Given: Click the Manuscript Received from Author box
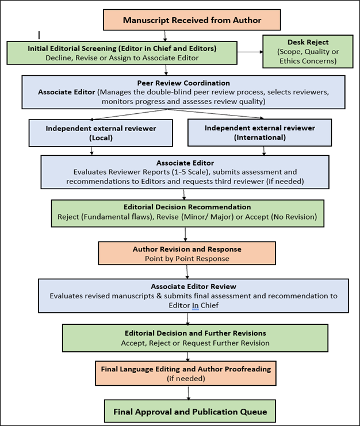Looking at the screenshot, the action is pyautogui.click(x=192, y=20).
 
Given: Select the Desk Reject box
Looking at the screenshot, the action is pyautogui.click(x=308, y=51).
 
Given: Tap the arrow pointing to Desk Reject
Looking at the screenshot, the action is pyautogui.click(x=250, y=52).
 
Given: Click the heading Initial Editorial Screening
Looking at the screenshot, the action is pyautogui.click(x=72, y=48).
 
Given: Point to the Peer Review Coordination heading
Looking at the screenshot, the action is pyautogui.click(x=183, y=83).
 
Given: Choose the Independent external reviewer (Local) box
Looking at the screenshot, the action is pyautogui.click(x=101, y=133).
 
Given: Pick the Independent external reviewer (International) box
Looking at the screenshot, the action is pyautogui.click(x=259, y=132).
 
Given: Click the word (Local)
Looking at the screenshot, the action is pyautogui.click(x=101, y=138).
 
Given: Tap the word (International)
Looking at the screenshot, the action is pyautogui.click(x=260, y=137).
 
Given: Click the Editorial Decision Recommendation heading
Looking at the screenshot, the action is pyautogui.click(x=187, y=207).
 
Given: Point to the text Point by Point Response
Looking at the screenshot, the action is pyautogui.click(x=187, y=258).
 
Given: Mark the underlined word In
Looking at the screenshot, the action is pyautogui.click(x=196, y=305).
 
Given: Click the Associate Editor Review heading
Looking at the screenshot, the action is pyautogui.click(x=193, y=286).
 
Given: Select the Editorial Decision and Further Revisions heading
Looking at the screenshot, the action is pyautogui.click(x=196, y=333).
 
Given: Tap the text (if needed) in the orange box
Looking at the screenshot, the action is pyautogui.click(x=186, y=378).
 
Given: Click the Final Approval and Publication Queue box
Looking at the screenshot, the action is pyautogui.click(x=190, y=411).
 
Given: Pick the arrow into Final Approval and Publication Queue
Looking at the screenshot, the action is pyautogui.click(x=188, y=393).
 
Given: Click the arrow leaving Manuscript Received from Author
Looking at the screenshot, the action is pyautogui.click(x=165, y=36).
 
